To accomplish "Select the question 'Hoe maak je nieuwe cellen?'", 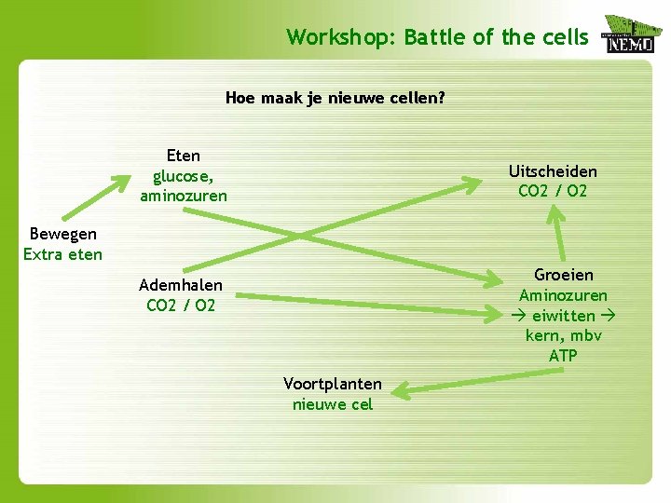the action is coord(335,97).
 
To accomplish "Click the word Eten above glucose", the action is coord(184,156).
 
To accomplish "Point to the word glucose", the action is coord(184,176).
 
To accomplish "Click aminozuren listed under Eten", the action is coord(184,197).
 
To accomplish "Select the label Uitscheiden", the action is coord(553,171).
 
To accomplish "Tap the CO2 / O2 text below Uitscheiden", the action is coord(553,192).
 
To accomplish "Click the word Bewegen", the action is coord(62,234).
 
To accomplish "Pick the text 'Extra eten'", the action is coord(62,254).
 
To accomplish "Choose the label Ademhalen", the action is coord(181,285).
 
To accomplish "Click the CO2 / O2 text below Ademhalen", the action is coord(181,306).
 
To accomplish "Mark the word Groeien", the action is coord(564,275).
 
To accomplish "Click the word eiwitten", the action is coord(563,316).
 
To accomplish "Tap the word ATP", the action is coord(563,356).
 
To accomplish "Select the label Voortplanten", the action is coord(333,384).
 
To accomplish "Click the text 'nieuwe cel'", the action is coord(333,404).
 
